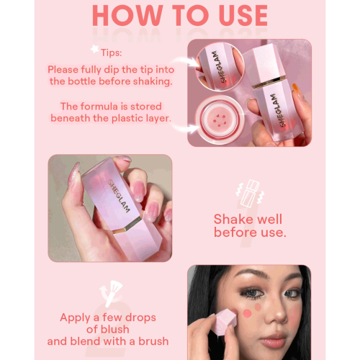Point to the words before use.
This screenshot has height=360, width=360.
click(x=249, y=233)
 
